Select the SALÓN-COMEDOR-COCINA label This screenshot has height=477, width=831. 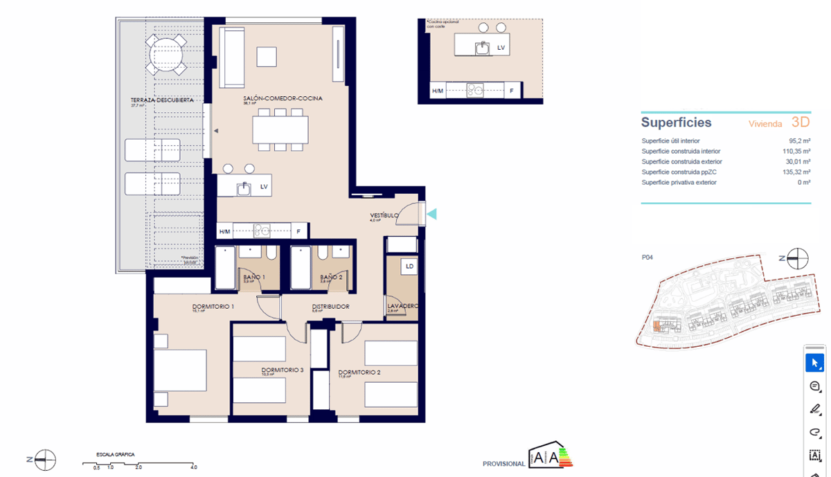click(x=283, y=98)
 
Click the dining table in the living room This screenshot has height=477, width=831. click(x=280, y=129)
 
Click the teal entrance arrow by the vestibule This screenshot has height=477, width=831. click(x=431, y=215)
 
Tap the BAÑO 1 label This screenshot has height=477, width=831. click(x=253, y=277)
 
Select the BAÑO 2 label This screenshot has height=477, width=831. click(x=330, y=277)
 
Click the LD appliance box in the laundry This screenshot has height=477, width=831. click(x=409, y=266)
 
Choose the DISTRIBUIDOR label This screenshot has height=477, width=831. click(x=330, y=306)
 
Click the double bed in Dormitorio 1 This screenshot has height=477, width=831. click(x=180, y=371)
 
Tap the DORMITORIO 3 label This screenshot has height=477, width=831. click(x=283, y=370)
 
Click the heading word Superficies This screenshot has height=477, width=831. click(x=676, y=123)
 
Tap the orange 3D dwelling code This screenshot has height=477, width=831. click(x=800, y=123)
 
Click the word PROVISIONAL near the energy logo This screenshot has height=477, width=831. click(x=503, y=464)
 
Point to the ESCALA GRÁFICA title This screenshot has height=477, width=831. click(x=116, y=455)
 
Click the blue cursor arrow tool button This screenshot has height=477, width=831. click(x=815, y=363)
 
